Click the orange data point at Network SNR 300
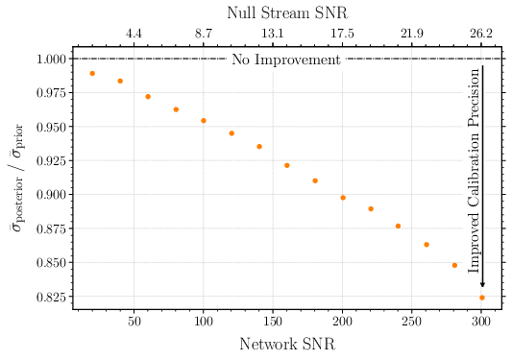(482, 298)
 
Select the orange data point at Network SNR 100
(204, 121)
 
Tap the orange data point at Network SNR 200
(343, 198)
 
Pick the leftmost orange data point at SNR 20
(92, 74)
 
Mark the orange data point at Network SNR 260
(427, 245)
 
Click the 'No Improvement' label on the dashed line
(286, 60)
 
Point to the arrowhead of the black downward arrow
(482, 284)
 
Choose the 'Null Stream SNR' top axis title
(286, 12)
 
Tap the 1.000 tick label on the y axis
(50, 59)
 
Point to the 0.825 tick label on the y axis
(50, 297)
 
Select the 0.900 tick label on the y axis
(50, 195)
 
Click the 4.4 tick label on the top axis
(134, 34)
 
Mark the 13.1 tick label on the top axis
(273, 34)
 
